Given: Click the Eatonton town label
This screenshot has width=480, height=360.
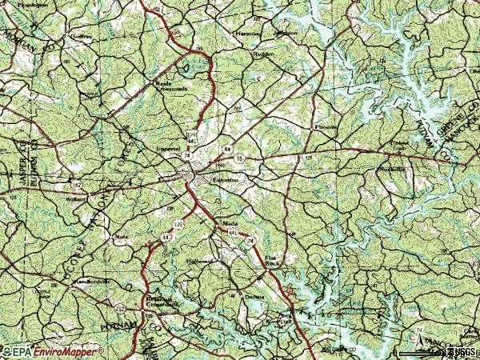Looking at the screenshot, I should (x=226, y=182).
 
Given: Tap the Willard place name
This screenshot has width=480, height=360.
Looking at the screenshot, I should (x=76, y=198).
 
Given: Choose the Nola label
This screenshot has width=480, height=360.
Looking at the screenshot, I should (x=122, y=237).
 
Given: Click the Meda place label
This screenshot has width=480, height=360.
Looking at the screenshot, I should (x=230, y=225).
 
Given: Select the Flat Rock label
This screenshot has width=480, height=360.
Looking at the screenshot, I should (x=274, y=259).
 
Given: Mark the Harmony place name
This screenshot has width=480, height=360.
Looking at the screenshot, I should (x=248, y=34).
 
